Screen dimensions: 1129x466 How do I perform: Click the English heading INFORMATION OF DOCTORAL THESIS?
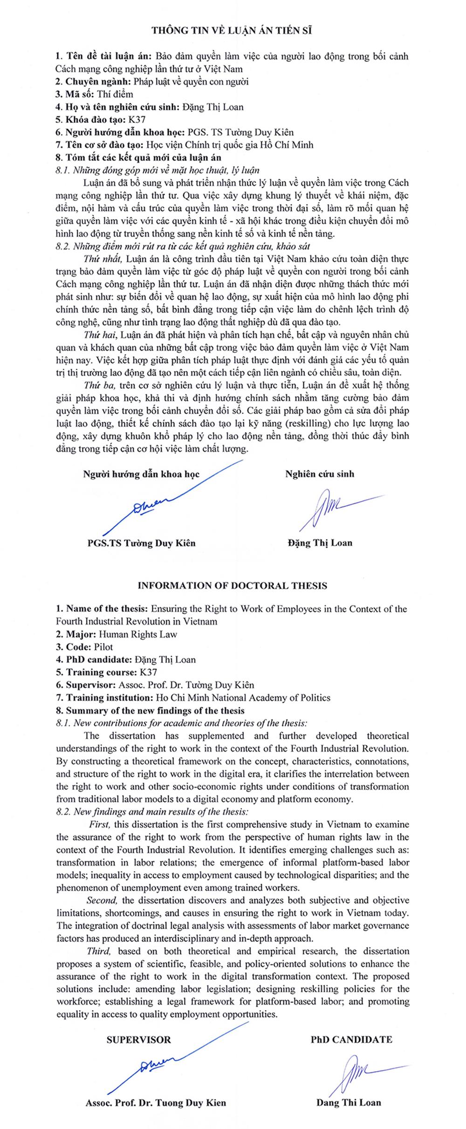[232, 586]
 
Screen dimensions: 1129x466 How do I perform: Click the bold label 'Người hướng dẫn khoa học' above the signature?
[141, 474]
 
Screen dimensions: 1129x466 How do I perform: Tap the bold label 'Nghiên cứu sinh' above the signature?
[320, 474]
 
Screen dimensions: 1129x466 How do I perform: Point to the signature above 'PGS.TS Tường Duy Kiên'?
[149, 505]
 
